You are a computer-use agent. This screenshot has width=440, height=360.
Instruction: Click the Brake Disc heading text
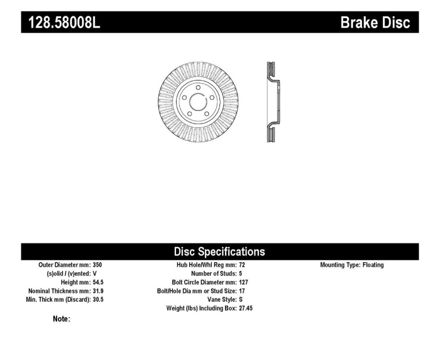point(375,23)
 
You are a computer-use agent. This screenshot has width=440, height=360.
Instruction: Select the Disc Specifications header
point(219,252)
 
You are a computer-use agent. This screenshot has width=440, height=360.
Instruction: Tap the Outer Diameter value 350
point(97,265)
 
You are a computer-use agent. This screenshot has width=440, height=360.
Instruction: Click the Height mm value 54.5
point(98,282)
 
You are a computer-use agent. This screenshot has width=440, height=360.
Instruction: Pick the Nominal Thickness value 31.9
point(98,291)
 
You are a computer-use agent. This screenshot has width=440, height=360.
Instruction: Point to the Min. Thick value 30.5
point(98,300)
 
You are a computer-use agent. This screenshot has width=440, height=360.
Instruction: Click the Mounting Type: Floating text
point(352,265)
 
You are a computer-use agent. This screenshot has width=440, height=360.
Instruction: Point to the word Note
point(61,319)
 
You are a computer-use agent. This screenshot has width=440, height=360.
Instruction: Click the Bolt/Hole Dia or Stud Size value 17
point(243,291)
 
